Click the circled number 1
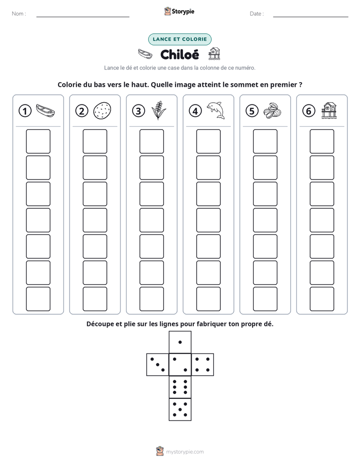click(x=25, y=111)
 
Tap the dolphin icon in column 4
click(x=216, y=110)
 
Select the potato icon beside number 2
click(x=102, y=111)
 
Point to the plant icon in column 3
click(x=159, y=110)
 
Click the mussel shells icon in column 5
click(x=272, y=110)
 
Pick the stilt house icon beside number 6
click(x=329, y=110)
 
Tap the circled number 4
click(x=195, y=111)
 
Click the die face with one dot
click(x=180, y=342)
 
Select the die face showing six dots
click(x=180, y=387)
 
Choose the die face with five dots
click(x=180, y=409)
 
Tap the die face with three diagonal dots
click(x=158, y=365)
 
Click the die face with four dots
click(x=203, y=365)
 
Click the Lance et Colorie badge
click(x=179, y=39)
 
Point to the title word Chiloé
click(x=179, y=54)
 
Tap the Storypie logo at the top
click(x=179, y=12)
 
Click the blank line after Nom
click(x=83, y=17)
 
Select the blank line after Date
click(x=311, y=17)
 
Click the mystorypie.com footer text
click(x=185, y=452)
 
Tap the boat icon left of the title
click(x=145, y=54)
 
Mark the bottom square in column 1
click(x=38, y=299)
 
